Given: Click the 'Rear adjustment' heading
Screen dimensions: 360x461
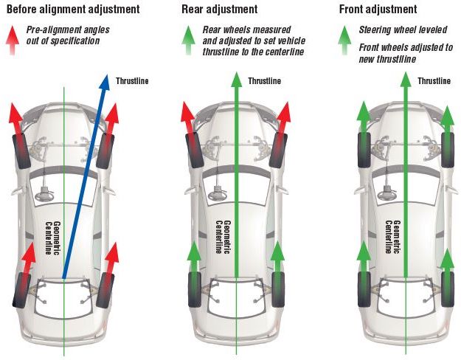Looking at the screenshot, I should [x=221, y=10].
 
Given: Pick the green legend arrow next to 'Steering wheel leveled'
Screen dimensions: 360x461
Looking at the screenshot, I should [x=344, y=33].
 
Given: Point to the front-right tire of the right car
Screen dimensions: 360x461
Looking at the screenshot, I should [x=448, y=145].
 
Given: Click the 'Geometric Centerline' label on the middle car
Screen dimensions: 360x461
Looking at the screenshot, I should [x=222, y=237].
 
